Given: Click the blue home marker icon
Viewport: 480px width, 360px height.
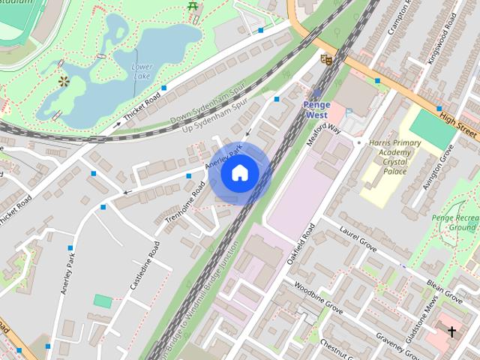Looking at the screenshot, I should pos(239,173).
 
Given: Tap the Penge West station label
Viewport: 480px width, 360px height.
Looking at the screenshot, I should pos(316,109).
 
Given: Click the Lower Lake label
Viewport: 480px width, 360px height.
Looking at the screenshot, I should pos(142,71).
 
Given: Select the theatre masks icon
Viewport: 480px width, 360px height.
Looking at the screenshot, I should pos(325,58).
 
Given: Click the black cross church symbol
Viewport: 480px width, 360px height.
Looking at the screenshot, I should pos(451,330).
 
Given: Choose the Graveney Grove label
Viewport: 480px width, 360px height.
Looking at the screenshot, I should pos(398,330).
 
